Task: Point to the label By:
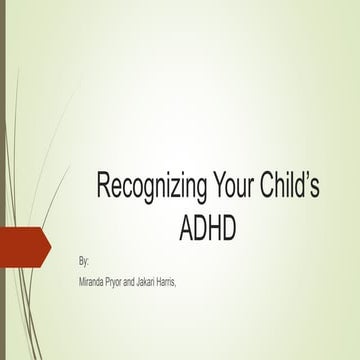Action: click(x=83, y=261)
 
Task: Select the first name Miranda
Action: click(x=93, y=283)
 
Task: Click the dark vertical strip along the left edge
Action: click(x=3, y=180)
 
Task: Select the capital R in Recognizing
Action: click(x=104, y=186)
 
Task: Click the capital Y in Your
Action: click(x=221, y=186)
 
